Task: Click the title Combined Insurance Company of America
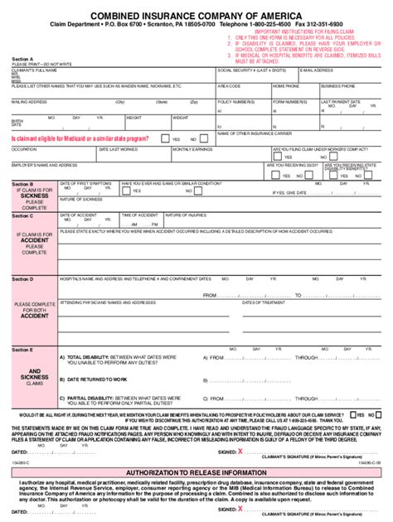click(196, 16)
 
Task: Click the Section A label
click(22, 60)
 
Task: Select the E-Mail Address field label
click(316, 70)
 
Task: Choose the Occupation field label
click(24, 149)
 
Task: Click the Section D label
click(22, 279)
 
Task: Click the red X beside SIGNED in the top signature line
click(240, 452)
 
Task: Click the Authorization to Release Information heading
click(196, 471)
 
